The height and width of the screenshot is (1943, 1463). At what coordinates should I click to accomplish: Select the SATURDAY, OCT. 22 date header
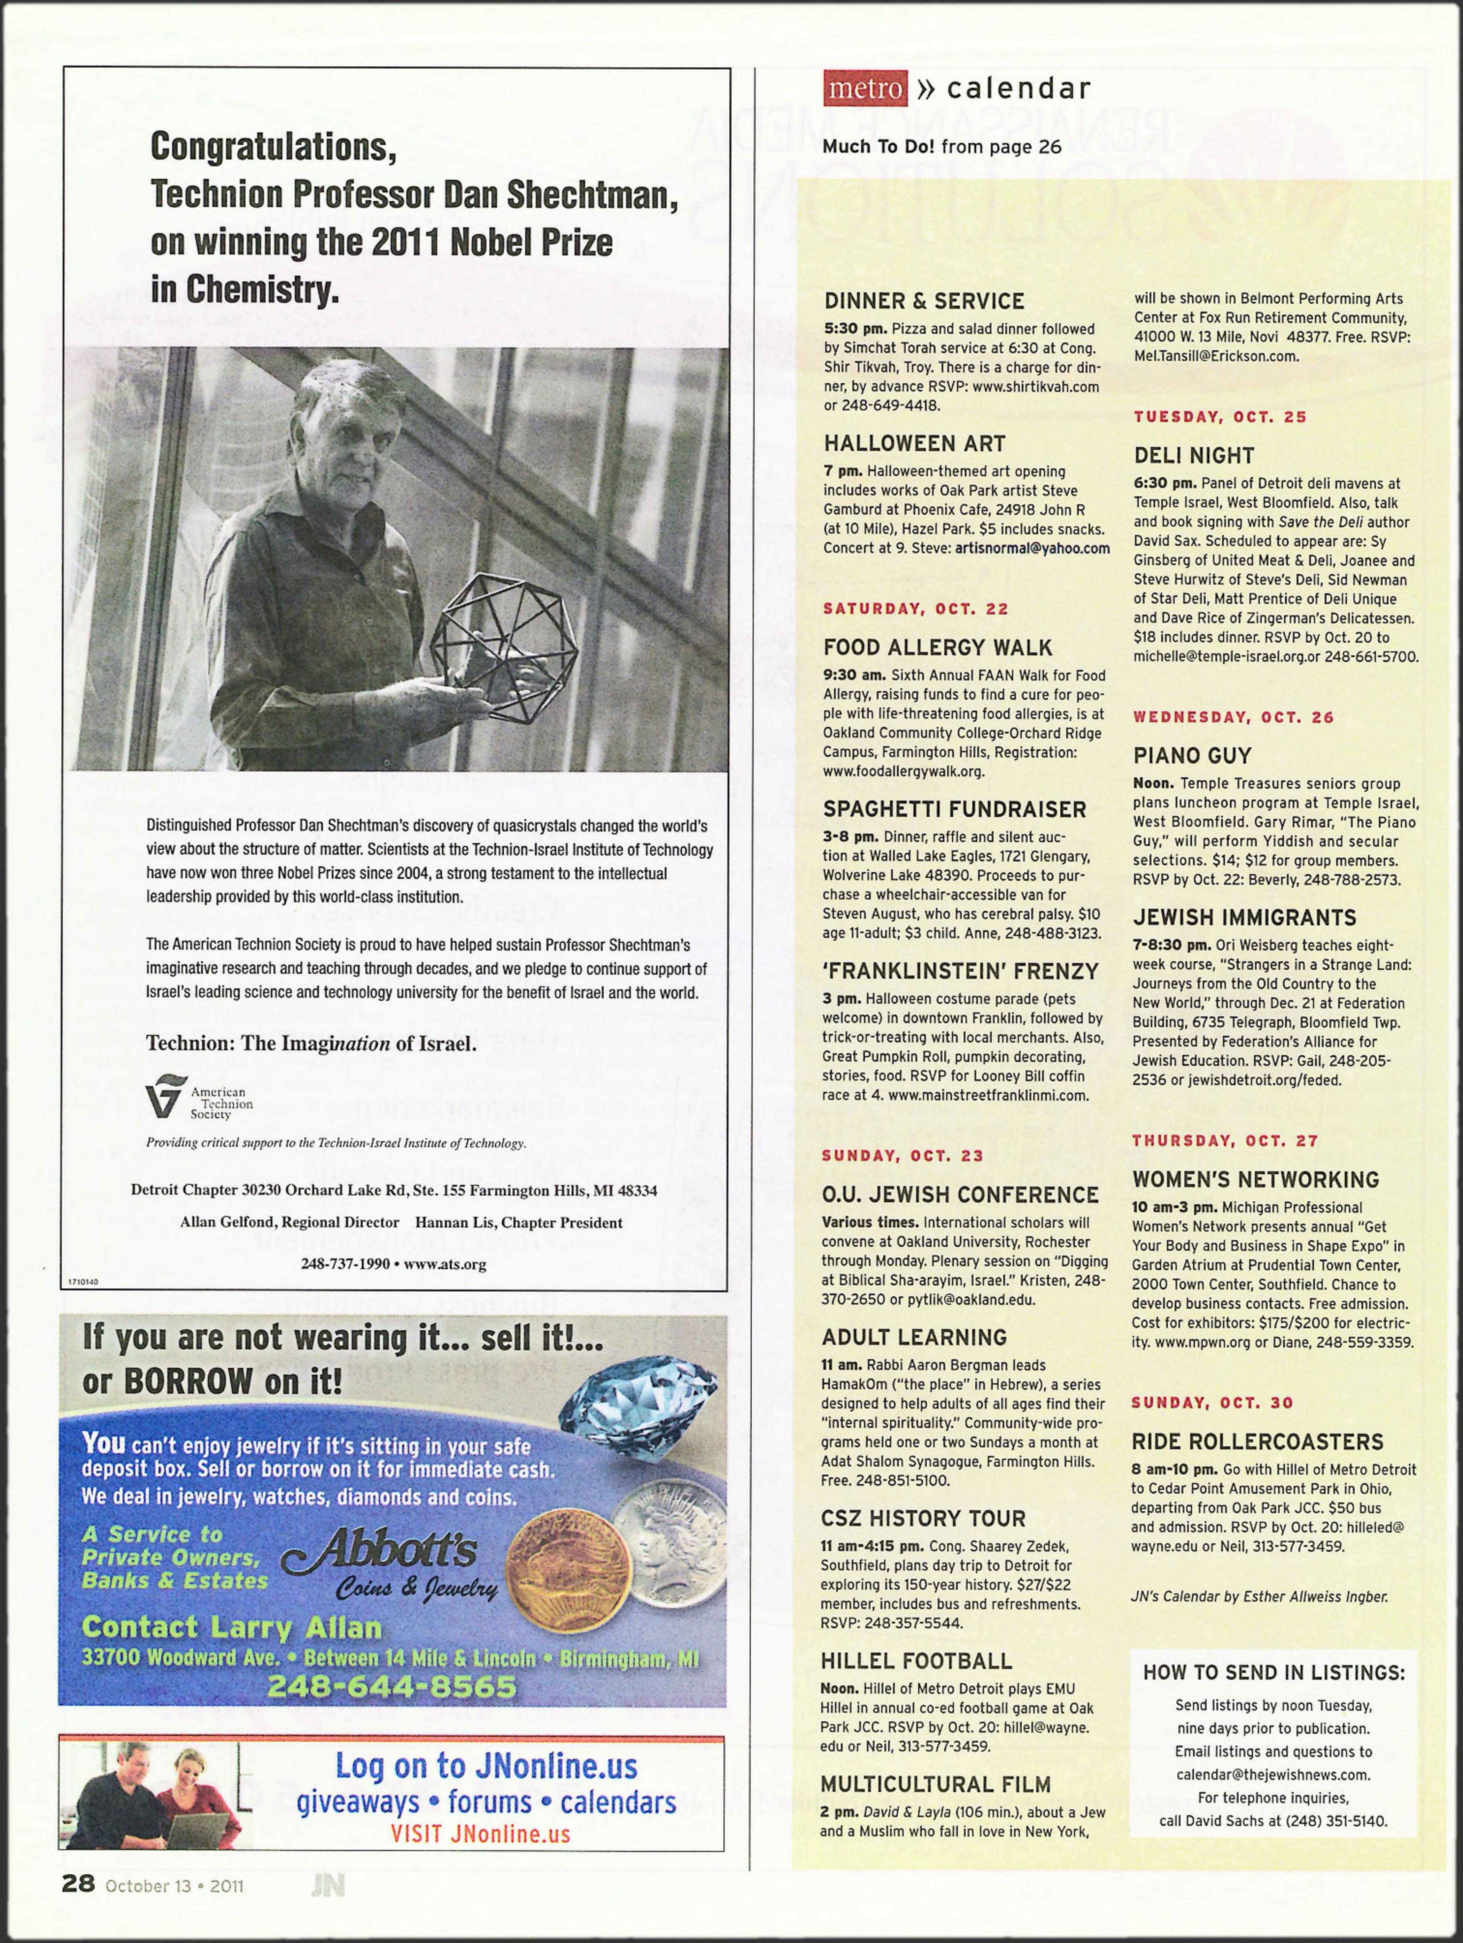pyautogui.click(x=915, y=609)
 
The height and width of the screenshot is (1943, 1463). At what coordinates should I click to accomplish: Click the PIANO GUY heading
pyautogui.click(x=1192, y=755)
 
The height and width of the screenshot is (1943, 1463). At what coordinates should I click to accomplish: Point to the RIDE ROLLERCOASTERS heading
pyautogui.click(x=1257, y=1441)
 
